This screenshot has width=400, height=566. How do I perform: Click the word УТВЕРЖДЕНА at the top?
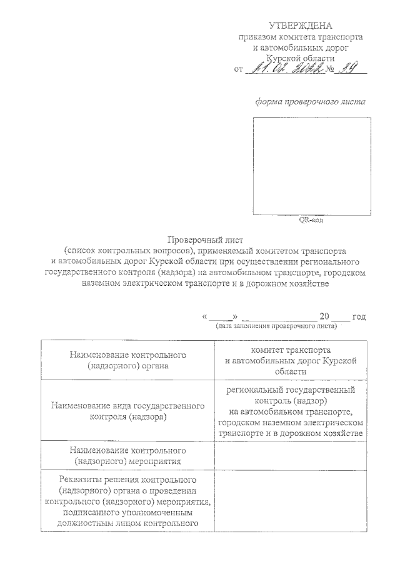[x=301, y=26]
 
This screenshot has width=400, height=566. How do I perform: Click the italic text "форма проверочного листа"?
[x=310, y=102]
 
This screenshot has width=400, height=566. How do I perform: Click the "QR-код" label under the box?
[x=311, y=220]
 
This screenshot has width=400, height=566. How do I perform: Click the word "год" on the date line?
[x=359, y=316]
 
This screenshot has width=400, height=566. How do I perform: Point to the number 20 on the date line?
[x=324, y=316]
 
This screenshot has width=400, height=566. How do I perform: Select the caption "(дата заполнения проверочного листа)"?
[x=276, y=326]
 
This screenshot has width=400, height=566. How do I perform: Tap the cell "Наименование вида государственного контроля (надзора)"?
[x=129, y=411]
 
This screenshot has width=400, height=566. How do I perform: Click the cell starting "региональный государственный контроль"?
[x=290, y=411]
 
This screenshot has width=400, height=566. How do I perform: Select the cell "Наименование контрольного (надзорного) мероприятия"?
[x=129, y=455]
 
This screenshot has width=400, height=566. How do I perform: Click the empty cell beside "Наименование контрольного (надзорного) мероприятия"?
[x=290, y=455]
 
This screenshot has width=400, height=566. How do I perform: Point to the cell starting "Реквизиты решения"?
[x=129, y=501]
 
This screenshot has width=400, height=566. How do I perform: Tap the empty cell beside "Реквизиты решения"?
[x=290, y=501]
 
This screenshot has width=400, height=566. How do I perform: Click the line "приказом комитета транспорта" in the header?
[x=301, y=38]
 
